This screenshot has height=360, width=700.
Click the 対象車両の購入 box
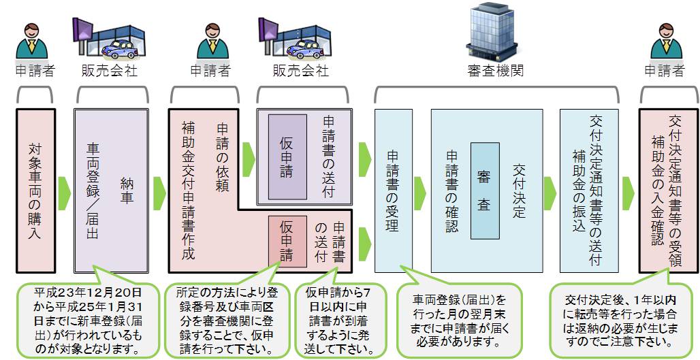35,191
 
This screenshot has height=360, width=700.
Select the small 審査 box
485,191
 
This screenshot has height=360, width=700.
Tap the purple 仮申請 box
287,157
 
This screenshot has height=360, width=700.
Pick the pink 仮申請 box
287,242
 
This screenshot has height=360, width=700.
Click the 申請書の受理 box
394,191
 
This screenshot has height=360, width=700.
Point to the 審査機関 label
496,71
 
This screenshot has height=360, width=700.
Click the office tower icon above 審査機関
492,31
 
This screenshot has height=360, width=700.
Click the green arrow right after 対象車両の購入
64,193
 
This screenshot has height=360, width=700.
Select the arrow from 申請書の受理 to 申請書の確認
420,193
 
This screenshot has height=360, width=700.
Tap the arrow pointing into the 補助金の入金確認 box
629,193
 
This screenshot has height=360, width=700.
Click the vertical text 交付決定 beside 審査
518,191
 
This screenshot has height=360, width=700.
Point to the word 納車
127,191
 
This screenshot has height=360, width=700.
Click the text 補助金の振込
579,191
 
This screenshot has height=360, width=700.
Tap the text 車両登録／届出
92,191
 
